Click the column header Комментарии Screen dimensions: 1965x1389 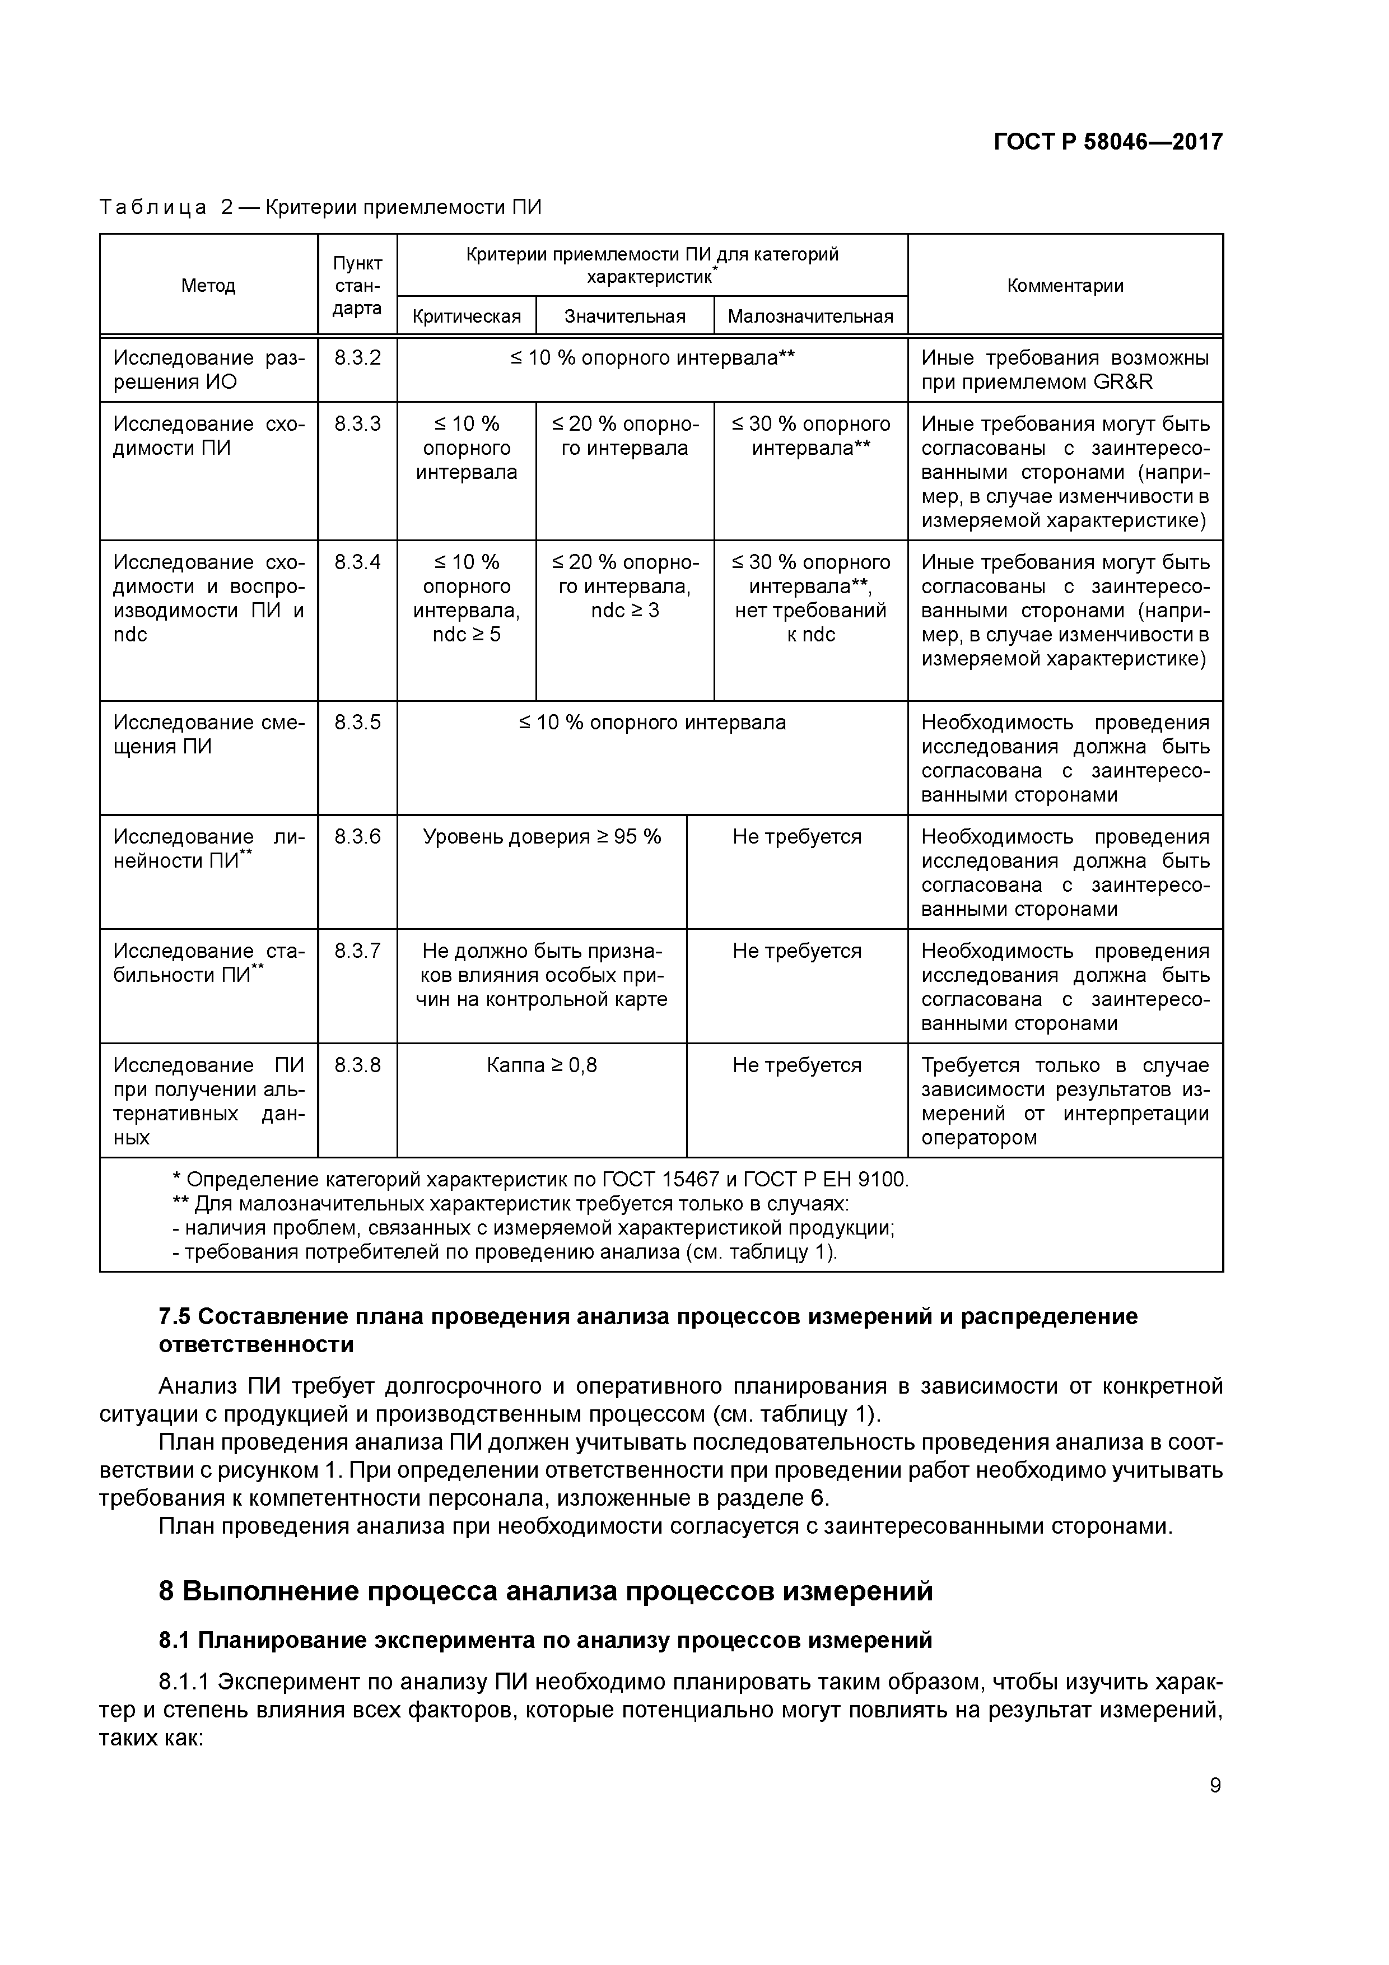click(x=1065, y=286)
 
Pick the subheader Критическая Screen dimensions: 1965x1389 click(x=467, y=316)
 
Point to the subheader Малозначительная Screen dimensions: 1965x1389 click(x=810, y=316)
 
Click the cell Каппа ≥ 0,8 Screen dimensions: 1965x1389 click(x=542, y=1065)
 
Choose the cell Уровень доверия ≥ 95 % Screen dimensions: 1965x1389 click(x=542, y=837)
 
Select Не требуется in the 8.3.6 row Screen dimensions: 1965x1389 click(x=797, y=837)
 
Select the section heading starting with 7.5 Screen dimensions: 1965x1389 click(x=648, y=1329)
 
